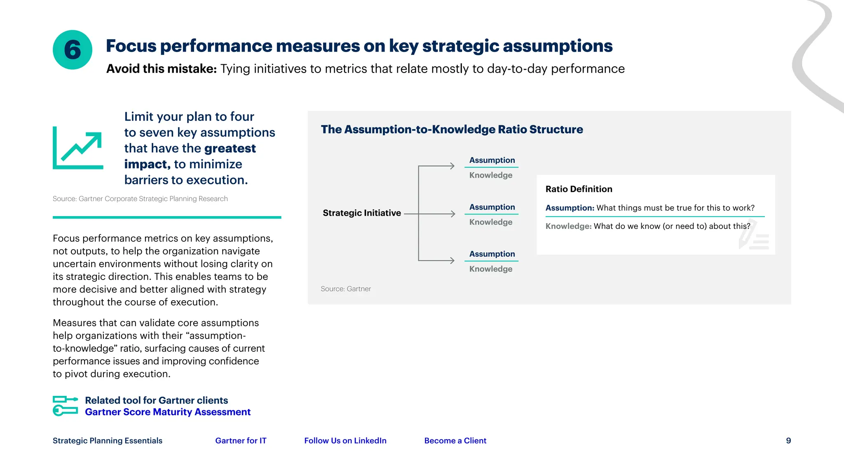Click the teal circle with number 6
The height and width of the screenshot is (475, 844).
[x=73, y=50]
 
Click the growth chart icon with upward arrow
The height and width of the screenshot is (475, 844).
[x=78, y=148]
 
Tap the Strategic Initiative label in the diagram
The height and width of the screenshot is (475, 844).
[x=361, y=213]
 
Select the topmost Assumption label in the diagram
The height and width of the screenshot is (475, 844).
[x=492, y=160]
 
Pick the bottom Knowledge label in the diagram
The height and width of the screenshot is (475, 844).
[x=491, y=269]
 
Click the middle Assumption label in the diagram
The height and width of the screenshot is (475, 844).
[x=492, y=207]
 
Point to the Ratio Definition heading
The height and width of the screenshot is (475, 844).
[x=579, y=189]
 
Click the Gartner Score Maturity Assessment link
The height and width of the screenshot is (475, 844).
[x=167, y=412]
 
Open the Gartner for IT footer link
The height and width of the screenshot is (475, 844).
[x=241, y=440]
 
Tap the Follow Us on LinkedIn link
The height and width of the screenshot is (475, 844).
[x=345, y=440]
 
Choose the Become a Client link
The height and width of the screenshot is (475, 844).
[x=455, y=440]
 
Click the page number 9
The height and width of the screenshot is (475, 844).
[x=788, y=440]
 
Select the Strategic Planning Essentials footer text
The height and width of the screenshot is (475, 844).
[x=108, y=440]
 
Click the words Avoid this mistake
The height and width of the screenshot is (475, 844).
[x=161, y=68]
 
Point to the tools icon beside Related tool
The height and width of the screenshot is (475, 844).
[x=66, y=406]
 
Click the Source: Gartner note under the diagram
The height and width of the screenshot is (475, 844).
[x=346, y=289]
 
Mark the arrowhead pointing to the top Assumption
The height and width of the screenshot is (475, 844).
[x=452, y=166]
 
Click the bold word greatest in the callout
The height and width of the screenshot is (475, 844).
[x=230, y=148]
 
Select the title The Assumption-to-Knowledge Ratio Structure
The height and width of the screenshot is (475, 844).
[x=452, y=129]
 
